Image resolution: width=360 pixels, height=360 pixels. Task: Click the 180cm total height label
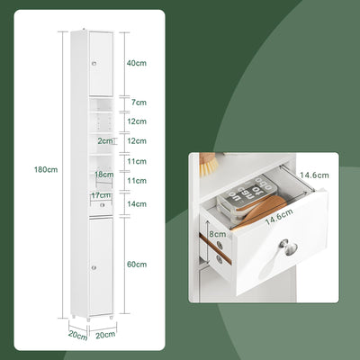46,169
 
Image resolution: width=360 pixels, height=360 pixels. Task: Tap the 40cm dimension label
137,63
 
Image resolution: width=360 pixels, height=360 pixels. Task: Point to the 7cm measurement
138,103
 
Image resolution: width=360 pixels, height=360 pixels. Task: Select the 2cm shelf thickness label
106,141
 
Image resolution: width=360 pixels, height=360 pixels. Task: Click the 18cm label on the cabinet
103,175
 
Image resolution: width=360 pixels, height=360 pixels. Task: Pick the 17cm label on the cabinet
100,195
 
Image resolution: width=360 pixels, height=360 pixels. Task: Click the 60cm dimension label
137,264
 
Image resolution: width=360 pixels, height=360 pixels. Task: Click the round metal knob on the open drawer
284,244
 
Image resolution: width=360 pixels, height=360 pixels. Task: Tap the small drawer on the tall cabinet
102,205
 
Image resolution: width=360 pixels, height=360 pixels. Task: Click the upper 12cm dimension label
137,121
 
